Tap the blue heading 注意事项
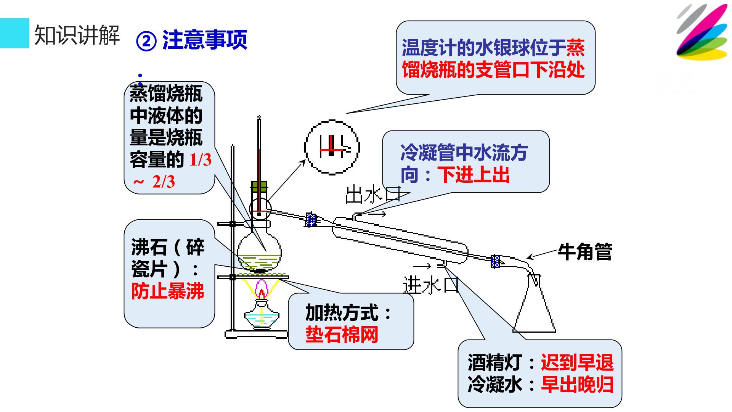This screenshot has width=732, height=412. click(205, 40)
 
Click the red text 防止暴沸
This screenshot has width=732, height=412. click(168, 291)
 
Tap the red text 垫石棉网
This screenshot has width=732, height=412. click(342, 335)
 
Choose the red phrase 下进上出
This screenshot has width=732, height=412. click(474, 175)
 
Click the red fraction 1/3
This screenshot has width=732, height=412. click(200, 160)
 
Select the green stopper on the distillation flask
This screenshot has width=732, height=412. click(259, 187)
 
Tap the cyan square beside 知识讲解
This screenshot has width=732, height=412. click(14, 33)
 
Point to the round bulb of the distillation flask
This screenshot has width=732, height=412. click(259, 252)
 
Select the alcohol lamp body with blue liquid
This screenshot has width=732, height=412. click(262, 315)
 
